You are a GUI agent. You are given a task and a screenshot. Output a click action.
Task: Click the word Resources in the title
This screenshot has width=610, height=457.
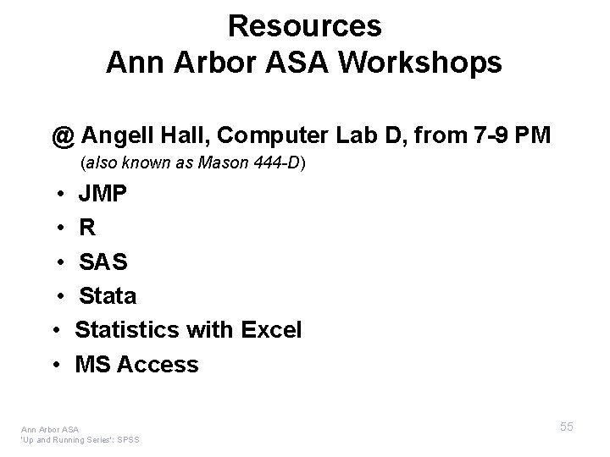tap(304, 26)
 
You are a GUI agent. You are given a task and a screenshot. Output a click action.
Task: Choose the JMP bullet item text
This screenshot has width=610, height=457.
tap(103, 195)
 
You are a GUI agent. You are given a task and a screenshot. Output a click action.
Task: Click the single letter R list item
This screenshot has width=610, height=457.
tap(86, 228)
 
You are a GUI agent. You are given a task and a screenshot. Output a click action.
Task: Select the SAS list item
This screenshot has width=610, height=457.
tap(103, 262)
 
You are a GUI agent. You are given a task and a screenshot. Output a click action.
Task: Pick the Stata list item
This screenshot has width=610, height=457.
tap(108, 296)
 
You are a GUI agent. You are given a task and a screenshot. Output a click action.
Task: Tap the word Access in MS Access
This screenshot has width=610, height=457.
tap(158, 365)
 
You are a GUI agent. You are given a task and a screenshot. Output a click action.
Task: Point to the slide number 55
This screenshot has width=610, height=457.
tap(566, 427)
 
